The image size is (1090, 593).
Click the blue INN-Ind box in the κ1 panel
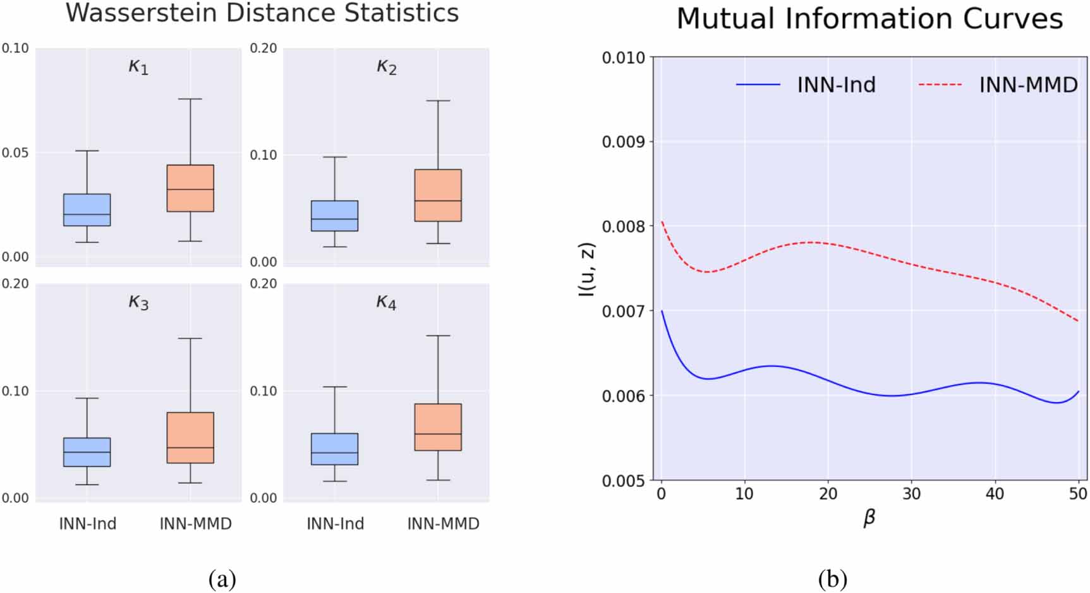87,209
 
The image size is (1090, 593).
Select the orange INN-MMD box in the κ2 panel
438,195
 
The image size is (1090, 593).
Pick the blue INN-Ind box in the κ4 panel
334,449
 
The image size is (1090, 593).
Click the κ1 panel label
138,66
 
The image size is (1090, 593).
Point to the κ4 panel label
386,302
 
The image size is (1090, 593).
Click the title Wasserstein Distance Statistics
262,13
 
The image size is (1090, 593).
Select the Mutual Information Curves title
869,19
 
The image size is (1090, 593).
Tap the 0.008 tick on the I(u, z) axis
623,226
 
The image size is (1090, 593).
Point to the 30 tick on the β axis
911,494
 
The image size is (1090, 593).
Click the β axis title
869,518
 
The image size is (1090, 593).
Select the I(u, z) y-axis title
587,269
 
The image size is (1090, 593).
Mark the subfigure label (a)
222,578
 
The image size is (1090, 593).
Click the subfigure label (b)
832,578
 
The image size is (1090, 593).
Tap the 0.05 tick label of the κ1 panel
15,153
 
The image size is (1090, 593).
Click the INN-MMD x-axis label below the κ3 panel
195,524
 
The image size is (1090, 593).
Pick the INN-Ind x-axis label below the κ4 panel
335,524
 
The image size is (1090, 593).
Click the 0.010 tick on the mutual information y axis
623,58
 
